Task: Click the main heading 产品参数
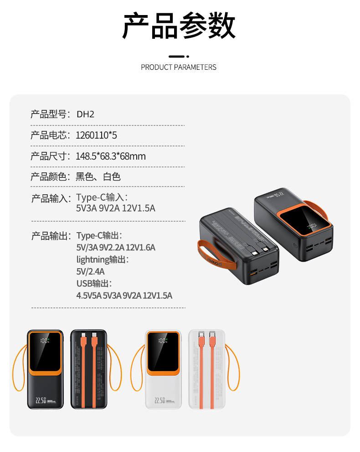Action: click(179, 26)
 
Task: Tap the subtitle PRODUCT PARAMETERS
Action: click(179, 68)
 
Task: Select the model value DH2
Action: click(85, 114)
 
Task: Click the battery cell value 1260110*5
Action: click(97, 135)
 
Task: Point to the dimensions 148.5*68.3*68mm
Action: click(111, 156)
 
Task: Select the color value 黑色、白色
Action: click(98, 177)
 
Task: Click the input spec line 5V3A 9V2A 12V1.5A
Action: click(116, 208)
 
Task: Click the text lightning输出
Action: click(103, 260)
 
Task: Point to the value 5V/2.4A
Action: click(91, 271)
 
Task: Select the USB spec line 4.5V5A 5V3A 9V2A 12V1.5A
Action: click(124, 296)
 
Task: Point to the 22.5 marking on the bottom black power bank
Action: click(40, 400)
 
